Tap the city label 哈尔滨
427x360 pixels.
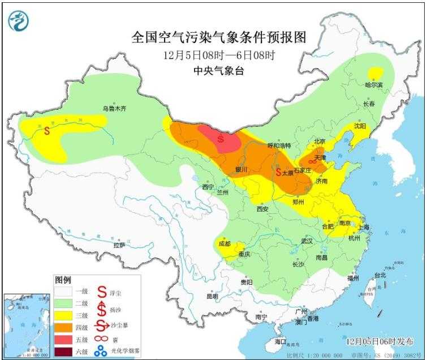point(373,84)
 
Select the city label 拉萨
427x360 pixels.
point(119,245)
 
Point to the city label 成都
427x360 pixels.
point(224,244)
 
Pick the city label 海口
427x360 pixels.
point(281,342)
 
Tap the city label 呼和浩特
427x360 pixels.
point(278,145)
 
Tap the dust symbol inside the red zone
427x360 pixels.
point(221,138)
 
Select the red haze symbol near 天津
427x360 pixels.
point(312,161)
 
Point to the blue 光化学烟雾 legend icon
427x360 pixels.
point(102,351)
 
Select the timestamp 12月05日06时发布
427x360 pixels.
point(379,341)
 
